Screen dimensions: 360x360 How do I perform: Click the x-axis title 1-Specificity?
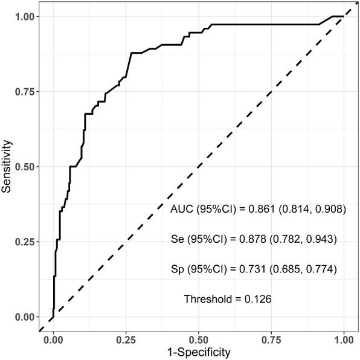(198, 352)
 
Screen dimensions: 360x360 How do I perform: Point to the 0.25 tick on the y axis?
(25, 242)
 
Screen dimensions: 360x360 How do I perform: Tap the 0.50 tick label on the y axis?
(25, 167)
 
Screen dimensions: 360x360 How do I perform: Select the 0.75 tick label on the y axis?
(25, 92)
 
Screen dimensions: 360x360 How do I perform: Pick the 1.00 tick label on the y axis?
(25, 17)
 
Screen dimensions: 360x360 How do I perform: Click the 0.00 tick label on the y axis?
(25, 317)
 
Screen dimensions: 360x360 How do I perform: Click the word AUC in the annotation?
(181, 210)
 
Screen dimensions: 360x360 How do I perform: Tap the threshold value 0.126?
(257, 298)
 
